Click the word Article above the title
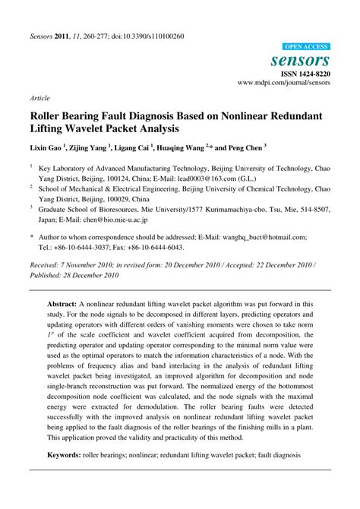(x=39, y=98)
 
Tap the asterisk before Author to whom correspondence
(x=32, y=237)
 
